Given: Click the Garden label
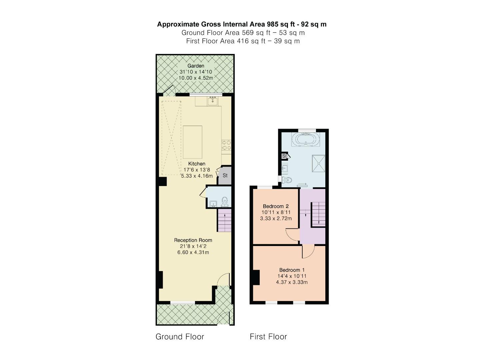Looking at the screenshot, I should pyautogui.click(x=196, y=66).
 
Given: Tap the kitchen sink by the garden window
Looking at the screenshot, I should pyautogui.click(x=213, y=100).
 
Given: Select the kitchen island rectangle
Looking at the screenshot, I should pyautogui.click(x=192, y=142).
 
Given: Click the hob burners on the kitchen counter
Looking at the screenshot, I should pyautogui.click(x=226, y=145).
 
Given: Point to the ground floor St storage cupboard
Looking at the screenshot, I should pyautogui.click(x=225, y=175).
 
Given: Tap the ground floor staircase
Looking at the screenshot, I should pyautogui.click(x=224, y=220).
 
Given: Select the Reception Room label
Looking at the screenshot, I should pyautogui.click(x=193, y=240).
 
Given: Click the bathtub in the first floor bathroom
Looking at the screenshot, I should pyautogui.click(x=305, y=139).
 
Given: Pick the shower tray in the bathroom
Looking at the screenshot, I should pyautogui.click(x=318, y=163).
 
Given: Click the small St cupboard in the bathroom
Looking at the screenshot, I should pyautogui.click(x=285, y=156).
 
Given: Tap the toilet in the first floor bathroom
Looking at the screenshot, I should pyautogui.click(x=287, y=180).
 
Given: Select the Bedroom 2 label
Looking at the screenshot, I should pyautogui.click(x=276, y=206).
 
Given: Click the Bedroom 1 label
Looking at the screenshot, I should pyautogui.click(x=292, y=270).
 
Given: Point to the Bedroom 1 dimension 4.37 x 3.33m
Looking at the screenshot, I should pyautogui.click(x=292, y=282).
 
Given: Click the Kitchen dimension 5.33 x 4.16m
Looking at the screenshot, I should pyautogui.click(x=197, y=176).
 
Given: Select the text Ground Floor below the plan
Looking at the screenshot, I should pyautogui.click(x=180, y=337).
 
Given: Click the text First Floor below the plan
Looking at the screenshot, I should pyautogui.click(x=268, y=337).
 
